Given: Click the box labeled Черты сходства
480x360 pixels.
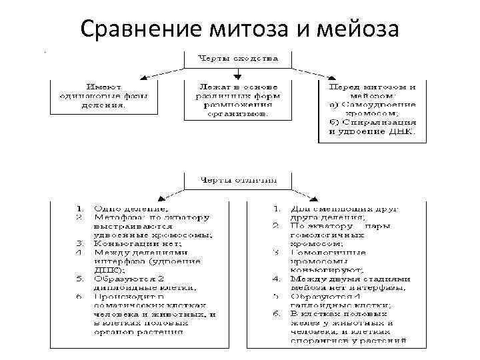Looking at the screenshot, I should click(x=237, y=58).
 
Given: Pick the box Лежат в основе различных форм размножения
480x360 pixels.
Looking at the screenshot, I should click(x=237, y=100).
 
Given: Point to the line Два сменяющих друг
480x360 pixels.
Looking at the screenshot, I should click(x=344, y=209).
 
